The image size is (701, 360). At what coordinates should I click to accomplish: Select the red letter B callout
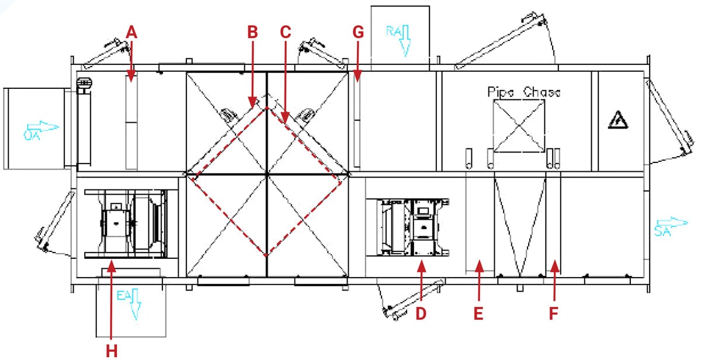pos(252,33)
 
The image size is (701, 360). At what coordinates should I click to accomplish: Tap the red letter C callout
pos(285,33)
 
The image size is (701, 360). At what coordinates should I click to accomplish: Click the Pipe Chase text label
pos(523,92)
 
